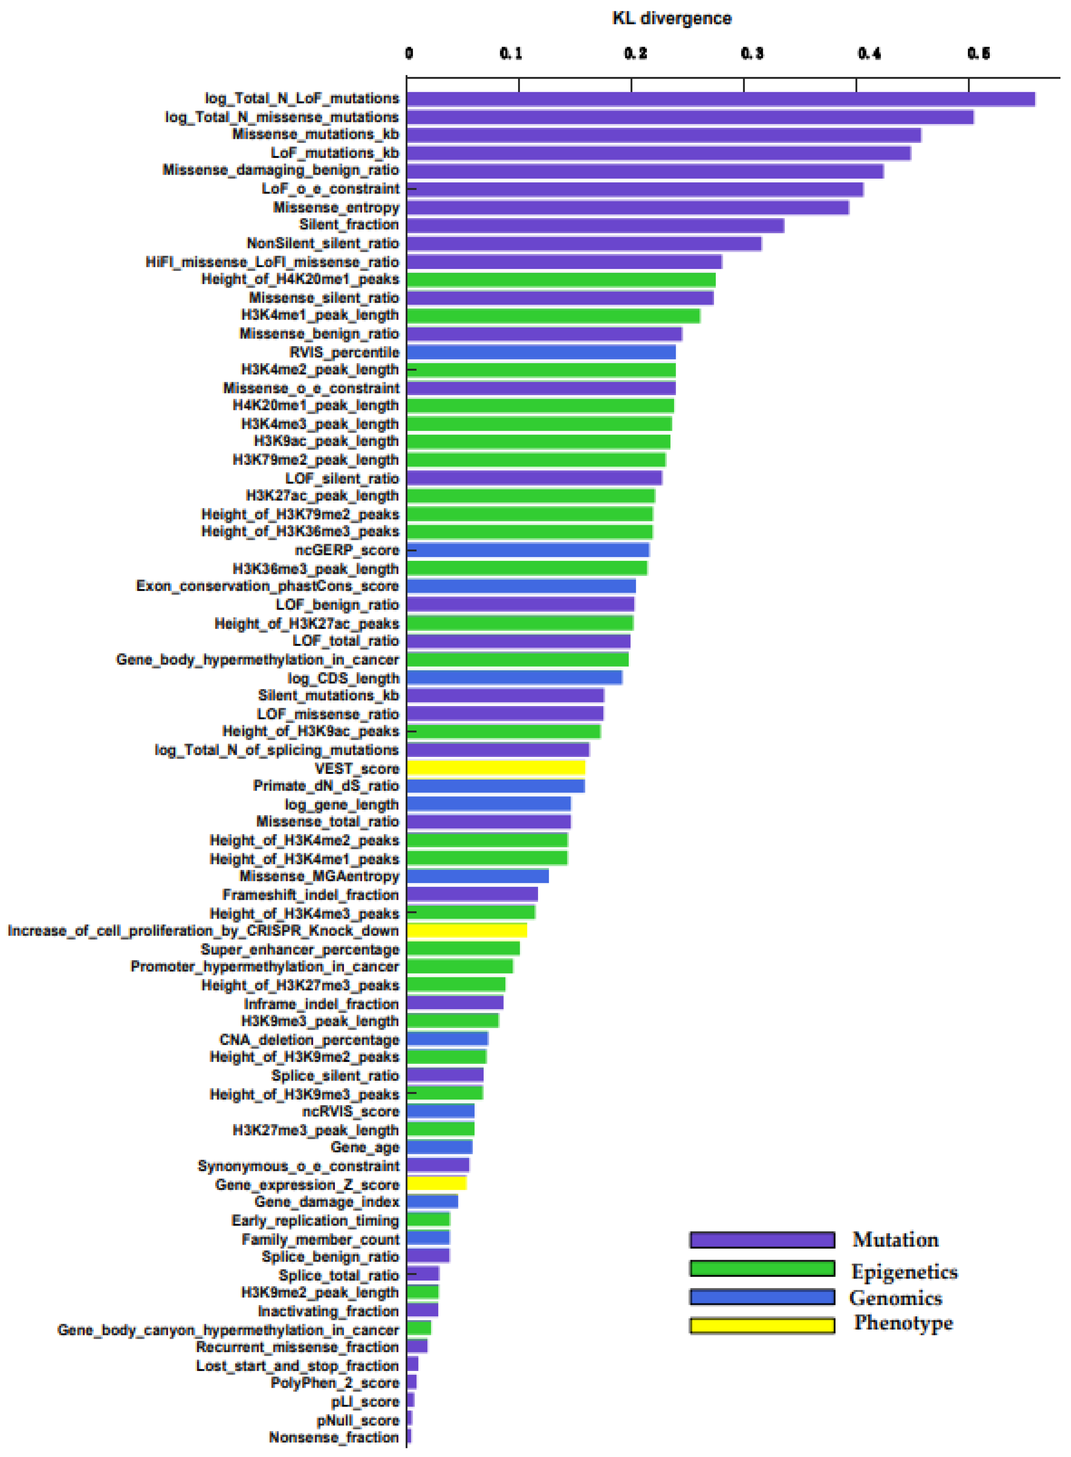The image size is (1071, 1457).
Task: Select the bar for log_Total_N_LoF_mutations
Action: tap(720, 99)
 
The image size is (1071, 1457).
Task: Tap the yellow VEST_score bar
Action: tap(496, 768)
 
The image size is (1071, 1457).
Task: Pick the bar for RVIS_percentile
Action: tap(541, 352)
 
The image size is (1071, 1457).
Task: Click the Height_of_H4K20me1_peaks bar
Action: tap(561, 280)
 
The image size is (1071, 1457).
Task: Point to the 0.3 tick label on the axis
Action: tap(752, 53)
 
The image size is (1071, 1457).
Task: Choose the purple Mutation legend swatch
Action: tap(762, 1240)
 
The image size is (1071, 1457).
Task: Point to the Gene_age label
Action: tap(365, 1148)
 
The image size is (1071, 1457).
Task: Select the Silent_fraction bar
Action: tap(595, 225)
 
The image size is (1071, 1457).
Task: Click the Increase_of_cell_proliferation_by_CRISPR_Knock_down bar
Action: tap(467, 931)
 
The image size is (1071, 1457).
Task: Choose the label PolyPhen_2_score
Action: tap(335, 1383)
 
